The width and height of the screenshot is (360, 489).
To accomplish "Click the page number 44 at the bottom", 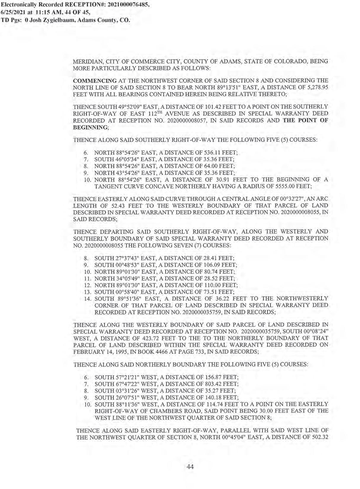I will click(x=190, y=467).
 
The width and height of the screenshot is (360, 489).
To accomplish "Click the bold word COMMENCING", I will click(x=95, y=81).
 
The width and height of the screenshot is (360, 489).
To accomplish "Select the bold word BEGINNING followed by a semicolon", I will click(x=90, y=127).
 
